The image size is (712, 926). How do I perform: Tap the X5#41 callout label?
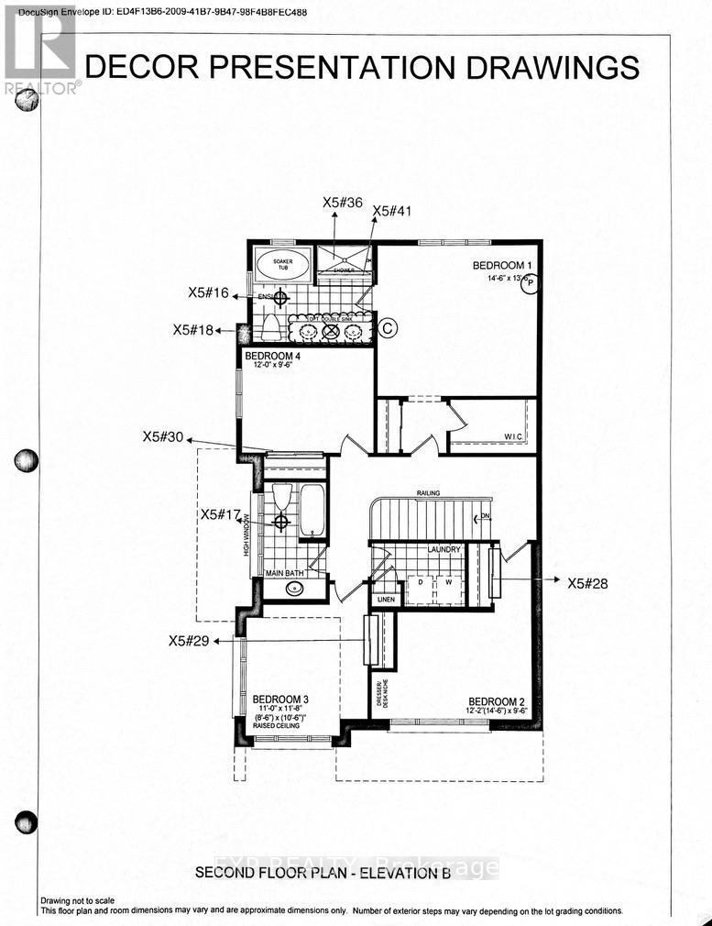392,210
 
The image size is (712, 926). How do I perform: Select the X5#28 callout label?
588,581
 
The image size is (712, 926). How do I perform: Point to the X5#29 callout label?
190,642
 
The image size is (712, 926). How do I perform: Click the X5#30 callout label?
164,437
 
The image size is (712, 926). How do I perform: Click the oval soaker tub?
277,264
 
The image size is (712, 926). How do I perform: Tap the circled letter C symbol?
387,327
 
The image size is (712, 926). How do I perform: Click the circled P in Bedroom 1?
529,284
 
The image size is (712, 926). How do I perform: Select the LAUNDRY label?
443,549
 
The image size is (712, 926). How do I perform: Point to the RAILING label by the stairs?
428,493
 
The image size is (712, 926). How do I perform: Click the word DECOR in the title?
147,67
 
